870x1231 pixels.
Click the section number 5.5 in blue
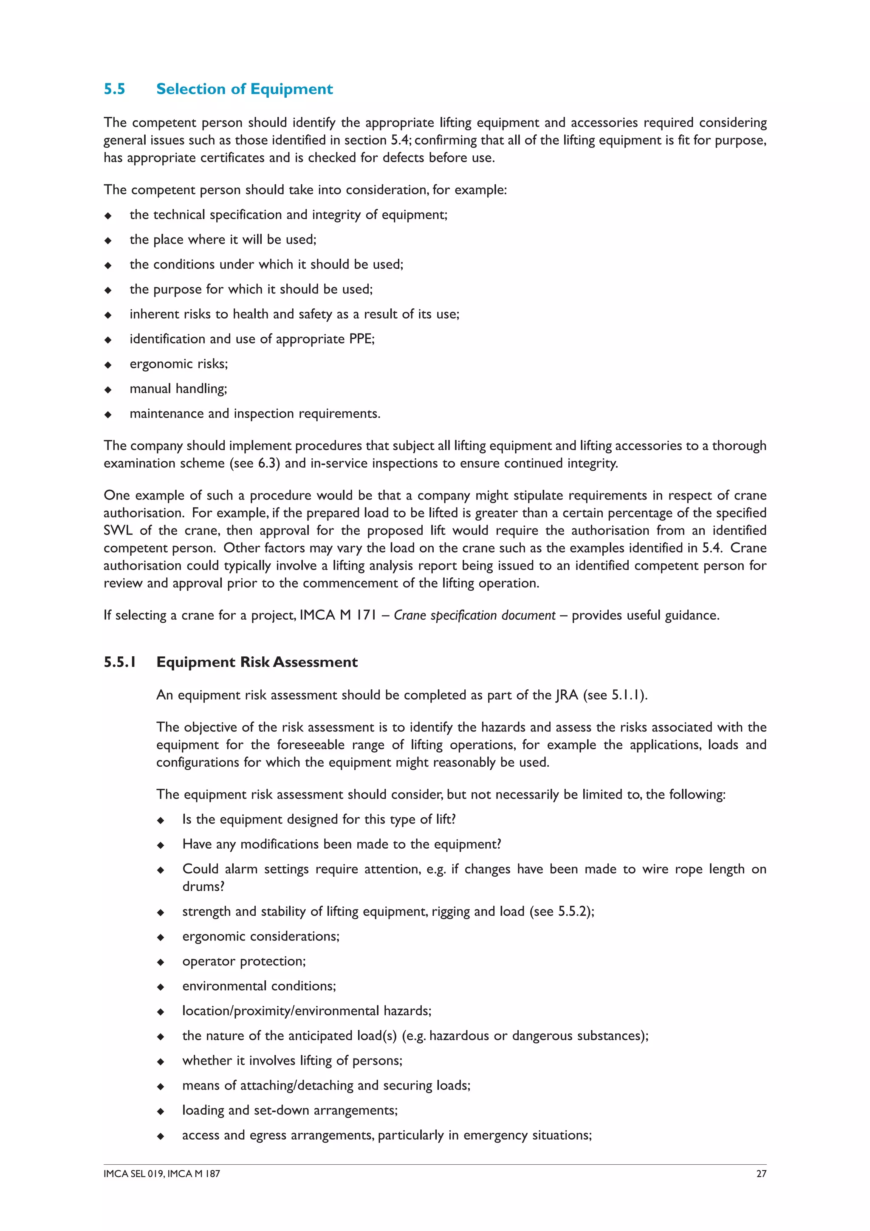point(114,89)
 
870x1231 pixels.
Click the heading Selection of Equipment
point(244,89)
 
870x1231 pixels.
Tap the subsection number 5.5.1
point(119,662)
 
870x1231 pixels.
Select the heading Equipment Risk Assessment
point(257,662)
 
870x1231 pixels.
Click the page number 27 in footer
point(761,1174)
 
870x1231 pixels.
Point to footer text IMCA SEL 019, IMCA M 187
point(162,1174)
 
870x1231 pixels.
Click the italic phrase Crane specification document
point(475,615)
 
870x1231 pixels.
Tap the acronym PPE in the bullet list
point(361,339)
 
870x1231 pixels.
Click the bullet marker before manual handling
point(108,390)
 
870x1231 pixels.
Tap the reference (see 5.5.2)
point(561,912)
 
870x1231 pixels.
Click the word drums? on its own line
point(203,886)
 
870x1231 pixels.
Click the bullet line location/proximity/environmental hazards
point(307,1011)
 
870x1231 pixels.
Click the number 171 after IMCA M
point(366,615)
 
